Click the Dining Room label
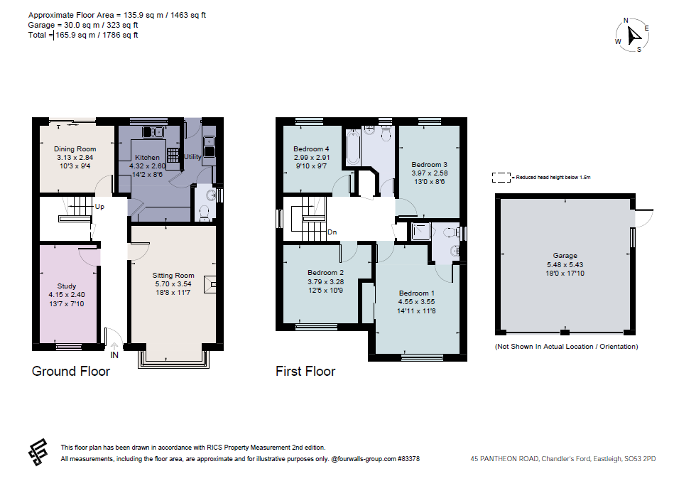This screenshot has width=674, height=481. (x=75, y=149)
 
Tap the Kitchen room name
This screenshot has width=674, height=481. (x=147, y=157)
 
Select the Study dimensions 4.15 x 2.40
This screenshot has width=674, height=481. (x=67, y=295)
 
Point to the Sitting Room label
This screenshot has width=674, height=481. (x=173, y=275)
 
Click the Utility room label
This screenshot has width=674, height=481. (x=193, y=156)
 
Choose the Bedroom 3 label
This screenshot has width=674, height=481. (x=430, y=164)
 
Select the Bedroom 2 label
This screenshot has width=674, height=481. (x=326, y=272)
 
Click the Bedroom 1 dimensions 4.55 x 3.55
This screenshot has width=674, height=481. (x=417, y=301)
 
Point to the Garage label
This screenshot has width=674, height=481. (x=565, y=256)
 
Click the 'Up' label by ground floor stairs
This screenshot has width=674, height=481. (x=100, y=207)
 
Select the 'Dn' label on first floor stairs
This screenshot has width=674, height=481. (x=332, y=232)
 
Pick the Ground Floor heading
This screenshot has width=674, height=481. (x=71, y=371)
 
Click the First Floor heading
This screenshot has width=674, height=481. (x=305, y=371)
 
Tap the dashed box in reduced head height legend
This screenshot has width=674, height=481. (x=502, y=177)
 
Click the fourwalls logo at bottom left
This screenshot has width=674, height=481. (x=38, y=452)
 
